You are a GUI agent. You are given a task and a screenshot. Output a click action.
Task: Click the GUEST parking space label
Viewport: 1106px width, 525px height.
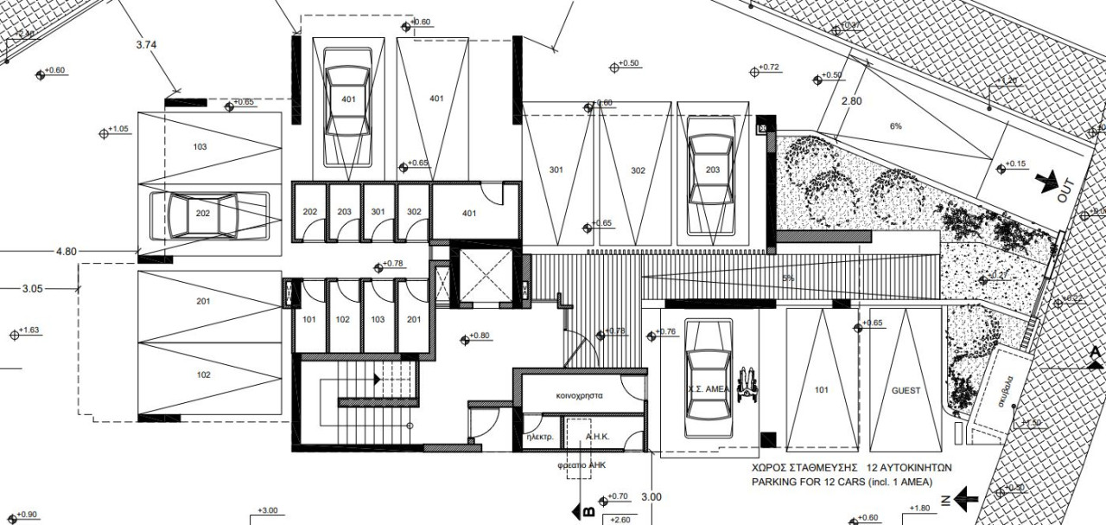(906, 390)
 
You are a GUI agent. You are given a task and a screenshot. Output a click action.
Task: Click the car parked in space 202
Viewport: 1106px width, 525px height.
(203, 214)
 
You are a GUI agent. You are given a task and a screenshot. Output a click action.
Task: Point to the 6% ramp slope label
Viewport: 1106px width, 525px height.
(896, 126)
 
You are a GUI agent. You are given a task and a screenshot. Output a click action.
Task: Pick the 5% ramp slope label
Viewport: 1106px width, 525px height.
(787, 279)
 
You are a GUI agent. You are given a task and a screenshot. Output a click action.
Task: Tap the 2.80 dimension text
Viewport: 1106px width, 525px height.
(851, 101)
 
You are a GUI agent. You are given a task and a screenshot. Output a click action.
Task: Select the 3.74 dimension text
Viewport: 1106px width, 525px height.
(147, 45)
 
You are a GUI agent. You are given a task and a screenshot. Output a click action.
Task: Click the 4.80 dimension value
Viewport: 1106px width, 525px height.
(66, 252)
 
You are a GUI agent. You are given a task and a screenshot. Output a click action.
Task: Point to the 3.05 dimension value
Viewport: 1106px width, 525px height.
(31, 289)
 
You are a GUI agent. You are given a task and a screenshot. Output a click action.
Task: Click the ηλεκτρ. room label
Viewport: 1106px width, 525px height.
(539, 437)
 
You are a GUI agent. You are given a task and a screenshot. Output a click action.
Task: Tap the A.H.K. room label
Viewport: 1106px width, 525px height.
(599, 437)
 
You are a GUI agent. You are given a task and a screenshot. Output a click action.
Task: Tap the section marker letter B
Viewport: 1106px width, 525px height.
(588, 511)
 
